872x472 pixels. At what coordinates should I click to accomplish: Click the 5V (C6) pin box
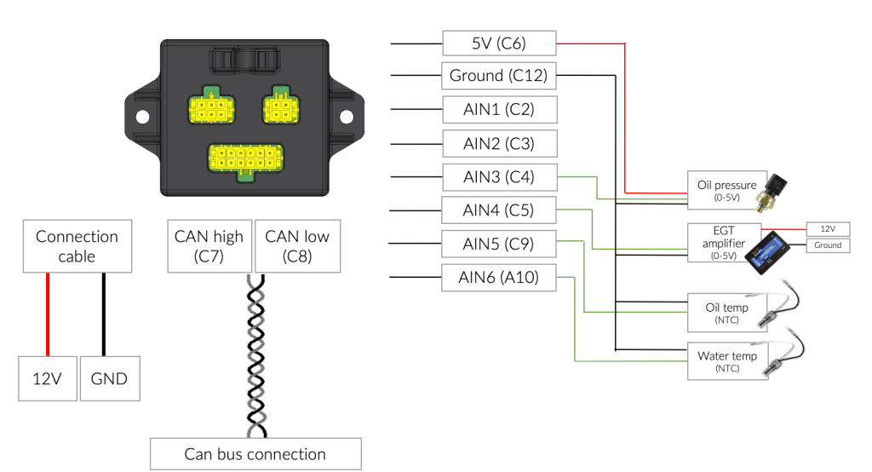coord(499,43)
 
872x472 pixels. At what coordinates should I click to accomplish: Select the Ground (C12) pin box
coord(499,76)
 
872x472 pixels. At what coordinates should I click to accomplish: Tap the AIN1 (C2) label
coord(499,110)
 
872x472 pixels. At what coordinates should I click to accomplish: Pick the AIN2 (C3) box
coord(499,144)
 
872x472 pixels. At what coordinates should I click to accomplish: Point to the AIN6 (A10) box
coord(499,277)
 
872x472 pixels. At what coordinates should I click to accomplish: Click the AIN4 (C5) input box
coord(499,210)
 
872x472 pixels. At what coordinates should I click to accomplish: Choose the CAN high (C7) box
coord(209,246)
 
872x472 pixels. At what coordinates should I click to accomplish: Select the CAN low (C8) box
coord(297,246)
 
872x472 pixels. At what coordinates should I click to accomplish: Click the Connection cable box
coord(77,246)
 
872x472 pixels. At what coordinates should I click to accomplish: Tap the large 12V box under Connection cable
coord(48,378)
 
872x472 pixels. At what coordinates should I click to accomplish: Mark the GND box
coord(110,378)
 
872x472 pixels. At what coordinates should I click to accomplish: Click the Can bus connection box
coord(255,454)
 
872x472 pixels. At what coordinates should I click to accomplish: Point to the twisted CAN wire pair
coord(255,356)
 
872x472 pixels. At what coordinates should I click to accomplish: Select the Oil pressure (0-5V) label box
coord(727,190)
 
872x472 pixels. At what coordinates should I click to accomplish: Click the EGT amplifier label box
coord(724,243)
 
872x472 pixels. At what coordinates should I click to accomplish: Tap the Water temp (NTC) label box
coord(727,361)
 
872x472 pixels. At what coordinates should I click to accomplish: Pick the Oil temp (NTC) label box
coord(727,313)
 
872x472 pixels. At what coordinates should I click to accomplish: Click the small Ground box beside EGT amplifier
coord(828,245)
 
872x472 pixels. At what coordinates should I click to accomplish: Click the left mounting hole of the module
coord(142,117)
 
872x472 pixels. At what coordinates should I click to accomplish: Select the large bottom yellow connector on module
coord(245,158)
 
